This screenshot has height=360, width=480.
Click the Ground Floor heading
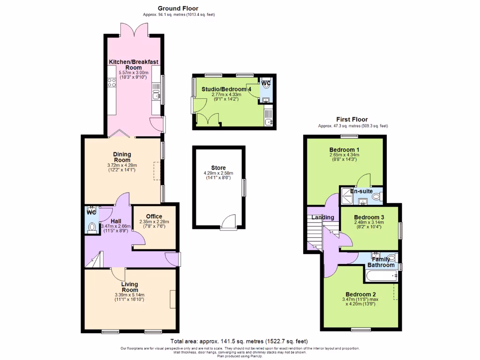point(178,8)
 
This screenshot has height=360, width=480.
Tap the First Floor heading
point(352,120)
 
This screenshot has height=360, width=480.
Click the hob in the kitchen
point(112,83)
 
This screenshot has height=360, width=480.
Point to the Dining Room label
point(122,157)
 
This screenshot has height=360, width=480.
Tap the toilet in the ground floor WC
point(92,228)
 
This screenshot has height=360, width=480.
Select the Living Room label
point(129,287)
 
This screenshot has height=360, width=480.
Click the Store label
point(218,168)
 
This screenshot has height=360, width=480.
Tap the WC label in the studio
point(266,83)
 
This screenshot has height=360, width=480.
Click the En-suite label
point(361,192)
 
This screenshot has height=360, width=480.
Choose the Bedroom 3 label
point(369,217)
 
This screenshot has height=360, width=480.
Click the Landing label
point(323,217)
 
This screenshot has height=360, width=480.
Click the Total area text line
point(239,341)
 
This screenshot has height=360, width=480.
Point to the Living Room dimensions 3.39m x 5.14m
point(129,295)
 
